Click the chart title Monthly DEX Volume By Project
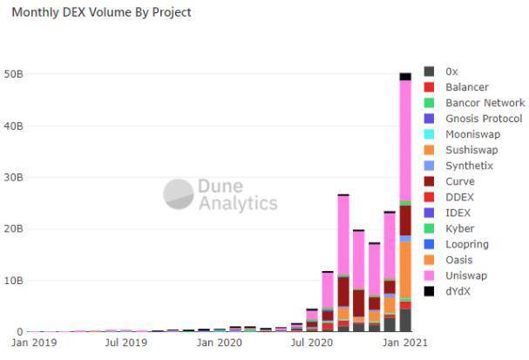pyautogui.click(x=101, y=13)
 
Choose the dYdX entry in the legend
pyautogui.click(x=458, y=291)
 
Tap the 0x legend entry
pyautogui.click(x=451, y=71)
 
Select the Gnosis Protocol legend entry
pyautogui.click(x=483, y=119)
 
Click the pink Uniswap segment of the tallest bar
pyautogui.click(x=405, y=139)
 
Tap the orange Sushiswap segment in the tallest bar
pyautogui.click(x=405, y=270)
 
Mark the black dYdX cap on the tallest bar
pyautogui.click(x=405, y=77)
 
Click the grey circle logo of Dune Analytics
pyautogui.click(x=178, y=194)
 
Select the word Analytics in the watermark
pyautogui.click(x=237, y=204)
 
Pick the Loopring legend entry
pyautogui.click(x=466, y=244)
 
